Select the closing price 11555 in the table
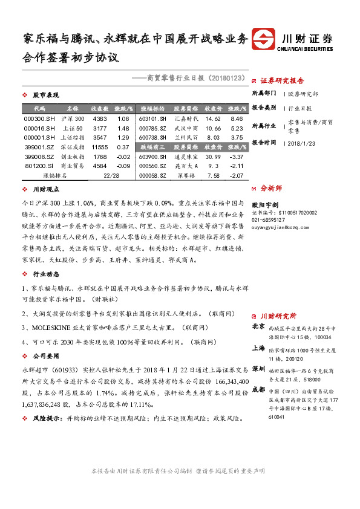point(99,147)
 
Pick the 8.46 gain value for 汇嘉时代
point(237,119)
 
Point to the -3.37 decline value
point(237,157)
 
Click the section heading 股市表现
point(46,96)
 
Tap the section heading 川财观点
point(46,189)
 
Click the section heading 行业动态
point(46,274)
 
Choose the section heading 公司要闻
point(46,356)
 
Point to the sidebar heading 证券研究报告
point(282,80)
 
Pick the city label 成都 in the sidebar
point(258,390)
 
